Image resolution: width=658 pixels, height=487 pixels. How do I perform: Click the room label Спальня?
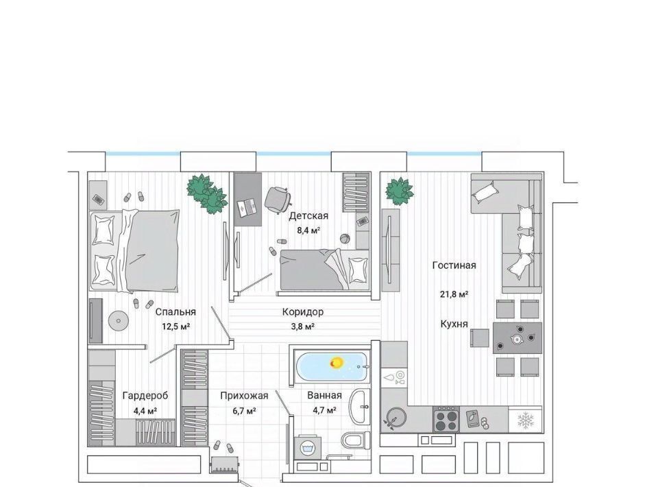coord(175,312)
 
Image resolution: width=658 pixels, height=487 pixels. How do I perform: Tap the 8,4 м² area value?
coord(308,230)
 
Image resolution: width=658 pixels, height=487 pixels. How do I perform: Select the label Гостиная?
coord(454,265)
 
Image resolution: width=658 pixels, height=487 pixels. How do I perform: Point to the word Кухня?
coord(454,324)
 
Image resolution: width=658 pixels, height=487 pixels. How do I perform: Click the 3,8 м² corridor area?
coord(302,326)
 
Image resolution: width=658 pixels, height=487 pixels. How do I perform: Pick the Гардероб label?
coord(145,396)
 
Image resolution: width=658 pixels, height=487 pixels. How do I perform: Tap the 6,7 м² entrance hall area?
coord(244,411)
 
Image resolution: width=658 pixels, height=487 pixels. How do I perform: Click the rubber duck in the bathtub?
coord(336,362)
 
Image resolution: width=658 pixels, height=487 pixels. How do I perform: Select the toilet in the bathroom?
coord(355,440)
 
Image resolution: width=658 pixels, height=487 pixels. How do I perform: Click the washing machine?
coord(307,448)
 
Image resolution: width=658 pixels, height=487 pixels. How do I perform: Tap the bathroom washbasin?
coord(360,406)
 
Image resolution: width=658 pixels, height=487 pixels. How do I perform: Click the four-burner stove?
coord(446,419)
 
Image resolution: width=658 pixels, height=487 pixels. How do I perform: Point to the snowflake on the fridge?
coord(526,420)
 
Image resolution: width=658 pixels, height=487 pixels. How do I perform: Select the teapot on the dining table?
coord(516,337)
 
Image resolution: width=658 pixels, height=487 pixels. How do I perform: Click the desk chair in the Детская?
coord(278,198)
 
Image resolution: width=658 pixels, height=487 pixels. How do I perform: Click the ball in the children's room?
coord(345,238)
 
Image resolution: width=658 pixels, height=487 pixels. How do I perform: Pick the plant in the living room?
coord(400,191)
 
